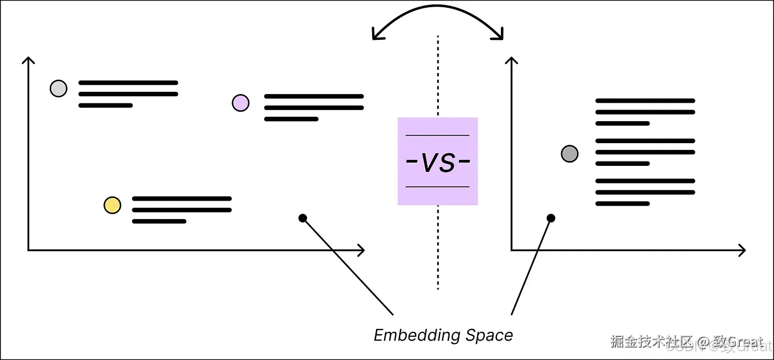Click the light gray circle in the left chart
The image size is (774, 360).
click(x=59, y=88)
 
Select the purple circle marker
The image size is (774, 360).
click(x=240, y=103)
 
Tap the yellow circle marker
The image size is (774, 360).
click(x=112, y=205)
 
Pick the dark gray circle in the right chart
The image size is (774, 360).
click(x=569, y=153)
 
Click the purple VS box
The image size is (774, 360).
click(x=437, y=161)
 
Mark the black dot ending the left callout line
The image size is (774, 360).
click(x=302, y=218)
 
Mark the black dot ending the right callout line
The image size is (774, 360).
click(x=551, y=218)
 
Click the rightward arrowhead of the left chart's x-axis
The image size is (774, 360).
click(x=362, y=251)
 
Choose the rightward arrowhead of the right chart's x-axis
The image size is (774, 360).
click(x=742, y=251)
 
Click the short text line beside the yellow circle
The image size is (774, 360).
click(x=159, y=221)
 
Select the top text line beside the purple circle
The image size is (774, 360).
click(x=313, y=96)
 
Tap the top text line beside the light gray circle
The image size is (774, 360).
click(x=128, y=82)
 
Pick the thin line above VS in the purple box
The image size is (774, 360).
click(x=437, y=135)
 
